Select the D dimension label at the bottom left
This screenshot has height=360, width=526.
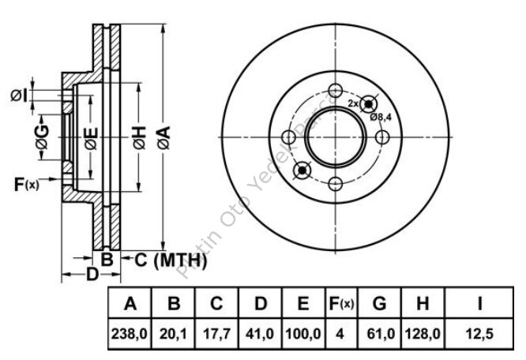[92, 275]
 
